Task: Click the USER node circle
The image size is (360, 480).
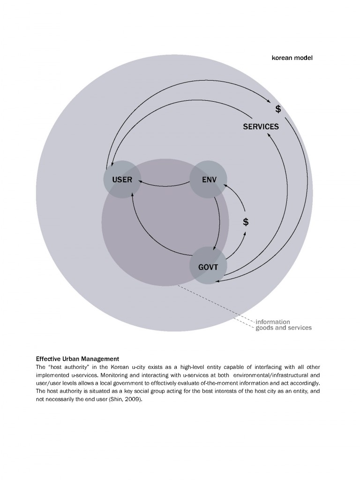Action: pos(122,179)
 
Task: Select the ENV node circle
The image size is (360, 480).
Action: pos(208,179)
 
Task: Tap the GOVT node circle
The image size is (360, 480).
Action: pos(208,266)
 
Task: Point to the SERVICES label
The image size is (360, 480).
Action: pos(261,127)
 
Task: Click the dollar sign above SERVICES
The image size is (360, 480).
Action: pos(278,109)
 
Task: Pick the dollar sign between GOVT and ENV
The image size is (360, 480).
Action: pos(245,222)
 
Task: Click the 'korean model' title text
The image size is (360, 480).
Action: pos(292,58)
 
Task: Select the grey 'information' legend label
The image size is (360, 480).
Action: pos(272,322)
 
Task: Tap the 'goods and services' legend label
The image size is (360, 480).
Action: pos(283,328)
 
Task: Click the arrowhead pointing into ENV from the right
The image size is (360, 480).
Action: pos(225,186)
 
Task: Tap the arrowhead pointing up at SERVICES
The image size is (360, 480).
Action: pos(269,135)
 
